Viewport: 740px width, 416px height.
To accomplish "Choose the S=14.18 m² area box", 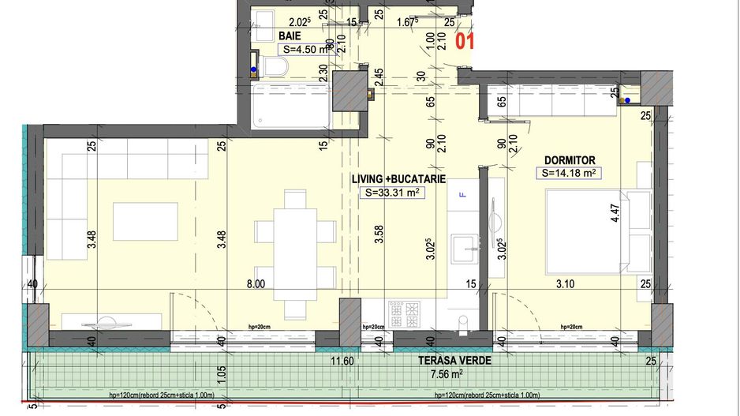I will point(567,173).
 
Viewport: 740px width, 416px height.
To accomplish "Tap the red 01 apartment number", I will point(466,39).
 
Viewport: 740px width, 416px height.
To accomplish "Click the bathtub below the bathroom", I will point(290,107).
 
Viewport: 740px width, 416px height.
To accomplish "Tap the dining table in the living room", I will point(295,252).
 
